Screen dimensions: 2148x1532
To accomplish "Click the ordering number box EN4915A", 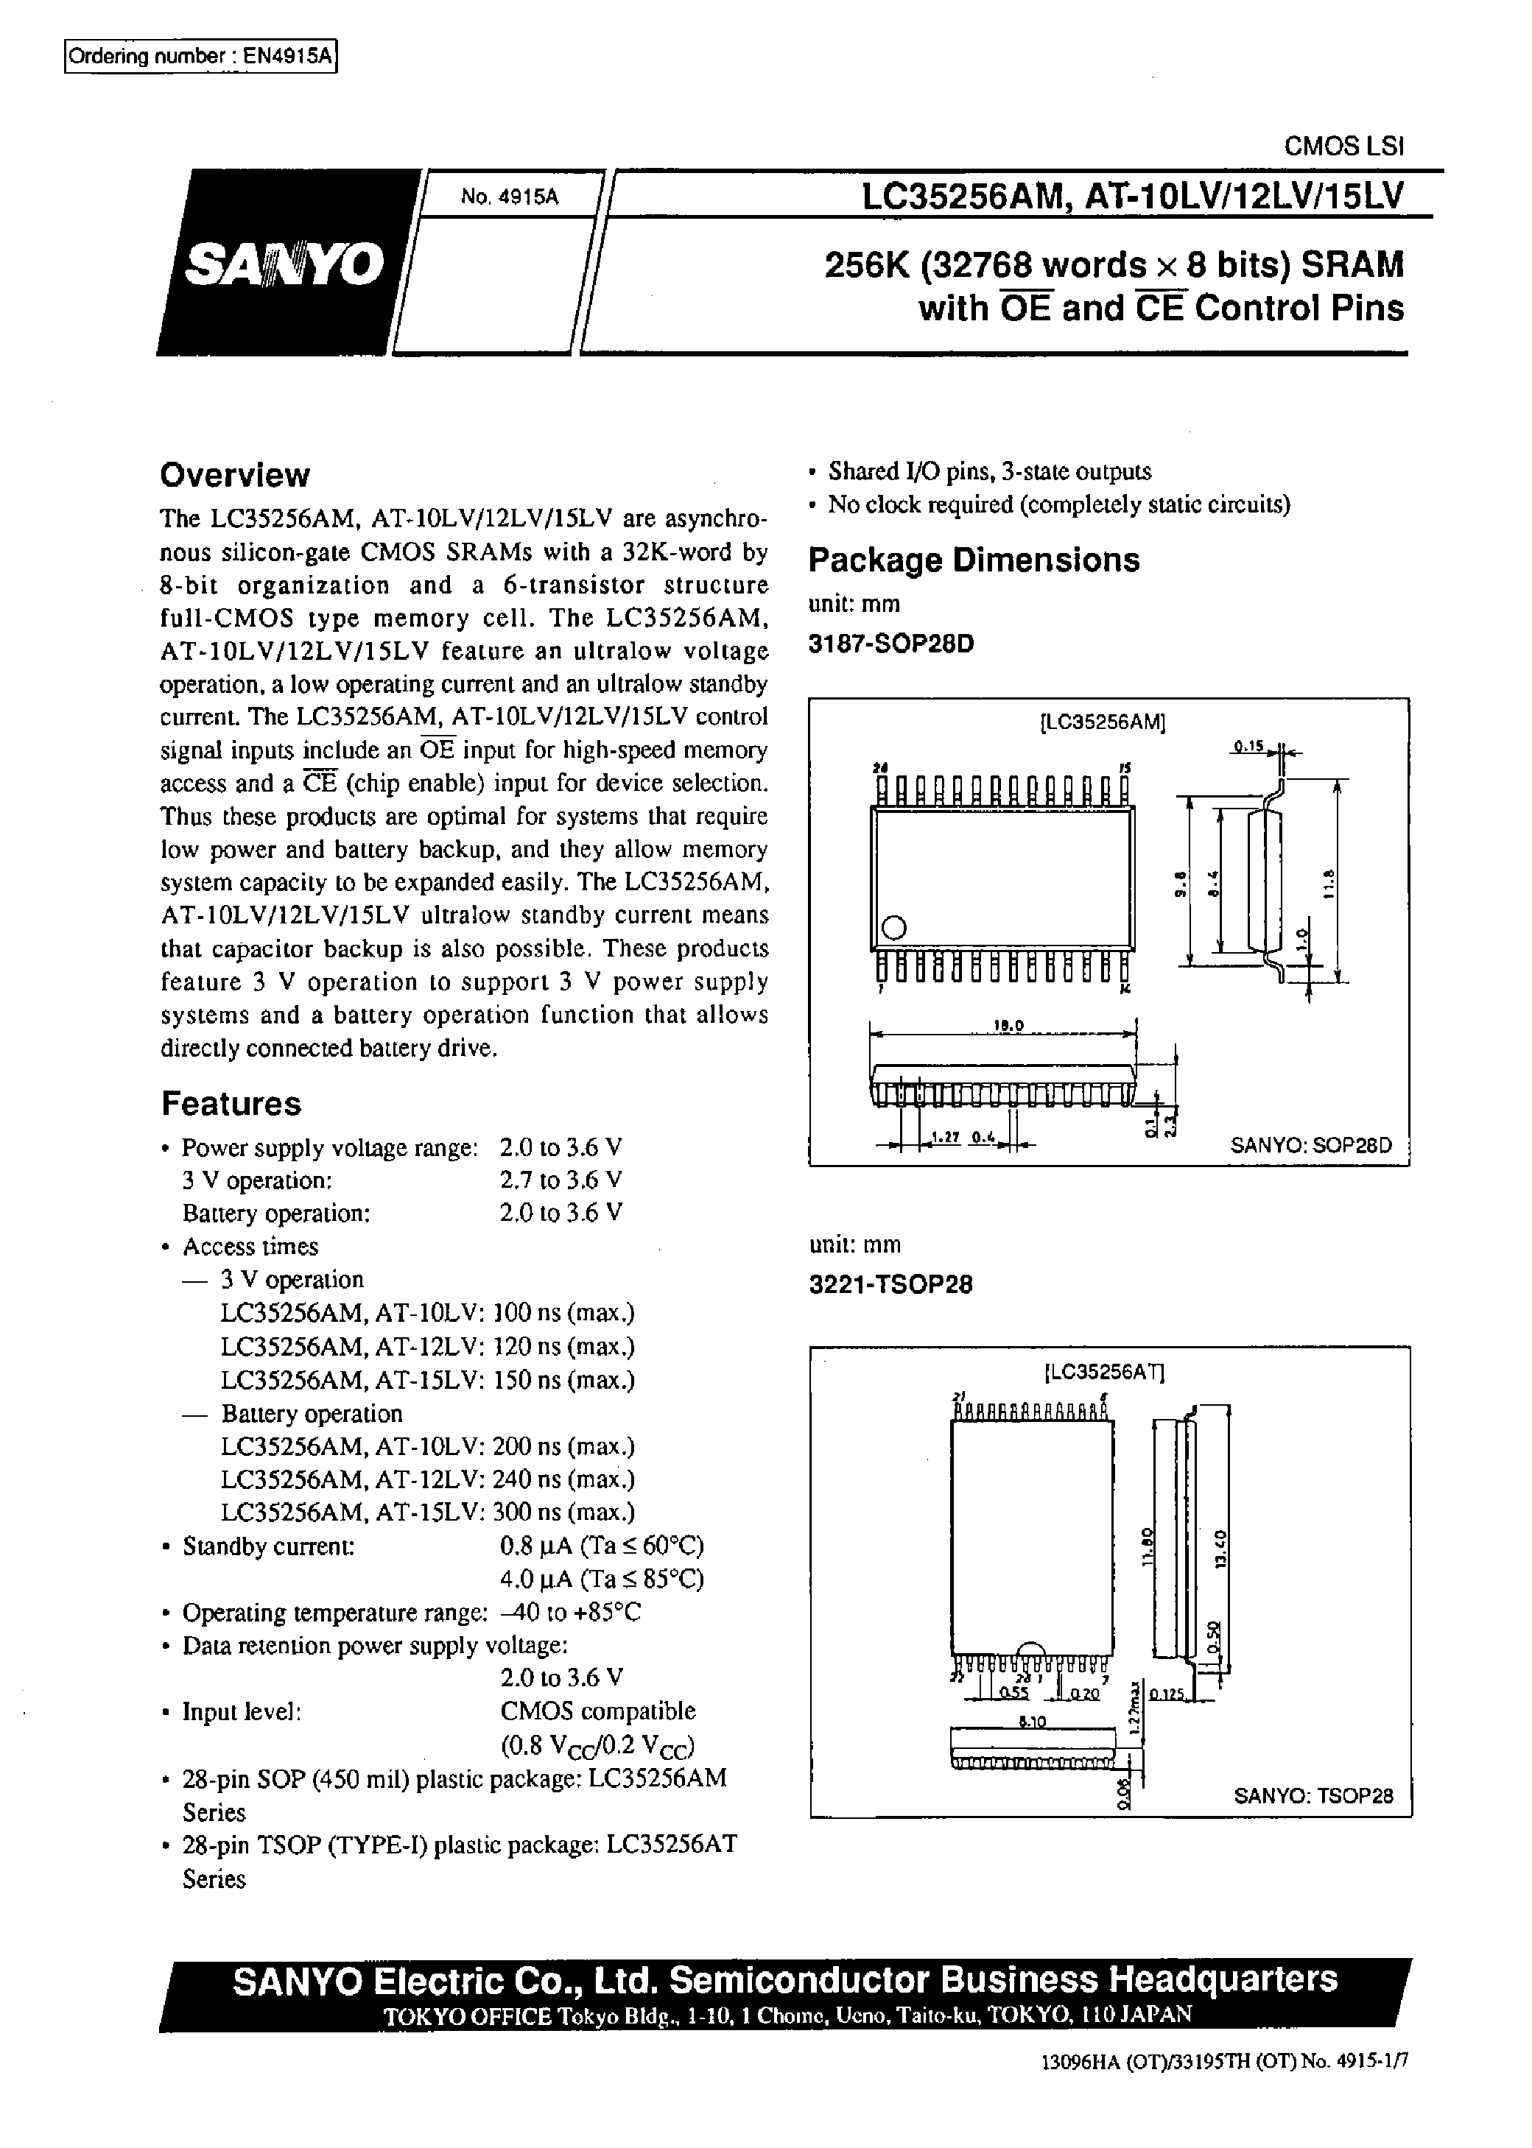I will coord(201,57).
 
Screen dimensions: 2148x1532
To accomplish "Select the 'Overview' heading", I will coord(235,475).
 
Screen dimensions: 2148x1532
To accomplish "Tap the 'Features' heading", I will coord(231,1103).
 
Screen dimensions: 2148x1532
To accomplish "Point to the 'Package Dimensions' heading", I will coord(974,560).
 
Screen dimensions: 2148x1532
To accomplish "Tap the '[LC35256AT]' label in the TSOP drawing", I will coord(1105,1371).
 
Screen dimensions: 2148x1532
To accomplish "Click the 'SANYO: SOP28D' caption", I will coord(1310,1145).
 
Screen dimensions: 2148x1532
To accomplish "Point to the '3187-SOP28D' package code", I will coord(890,644).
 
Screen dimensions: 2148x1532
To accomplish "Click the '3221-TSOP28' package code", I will coord(890,1284).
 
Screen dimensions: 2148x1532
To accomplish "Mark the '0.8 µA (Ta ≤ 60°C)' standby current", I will coord(602,1546).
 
